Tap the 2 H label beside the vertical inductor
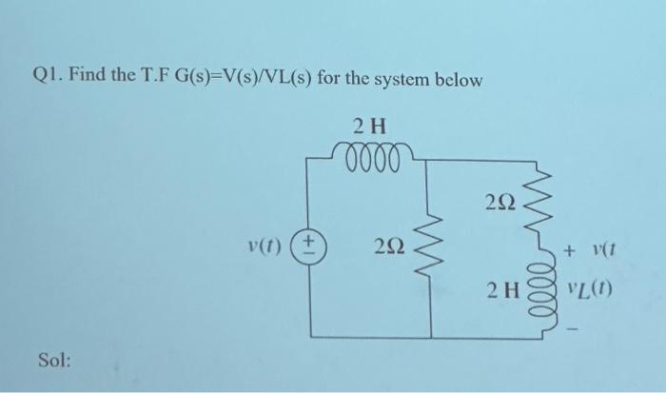click(x=502, y=288)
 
